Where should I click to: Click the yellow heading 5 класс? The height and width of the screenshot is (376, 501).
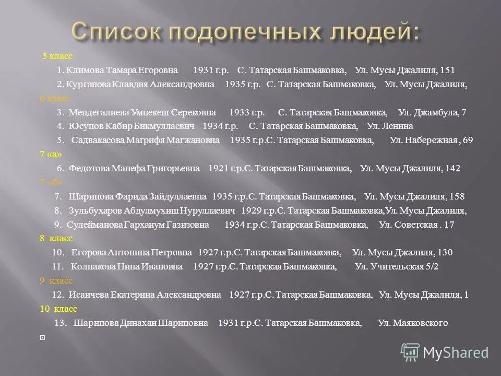point(57,56)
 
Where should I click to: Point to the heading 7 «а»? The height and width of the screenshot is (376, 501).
point(51,154)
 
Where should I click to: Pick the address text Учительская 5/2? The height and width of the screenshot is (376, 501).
point(404,267)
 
